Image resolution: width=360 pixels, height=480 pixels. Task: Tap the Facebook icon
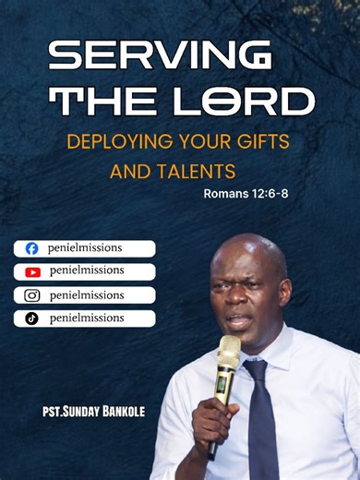(x=32, y=248)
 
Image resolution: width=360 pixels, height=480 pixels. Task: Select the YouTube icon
(x=32, y=271)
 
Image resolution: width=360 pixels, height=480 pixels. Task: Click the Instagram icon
(x=32, y=295)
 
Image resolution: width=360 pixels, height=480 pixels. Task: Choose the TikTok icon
(x=32, y=318)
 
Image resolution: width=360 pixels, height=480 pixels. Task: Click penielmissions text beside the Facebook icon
(x=87, y=247)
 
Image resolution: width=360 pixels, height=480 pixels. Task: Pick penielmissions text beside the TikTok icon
(x=87, y=318)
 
